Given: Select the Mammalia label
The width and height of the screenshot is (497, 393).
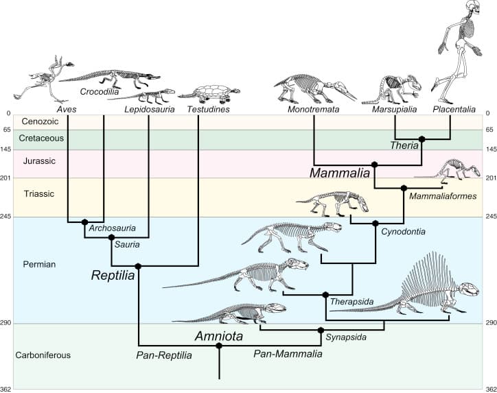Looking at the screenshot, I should point(339,173).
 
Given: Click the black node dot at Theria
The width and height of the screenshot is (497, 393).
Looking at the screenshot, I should point(422,139).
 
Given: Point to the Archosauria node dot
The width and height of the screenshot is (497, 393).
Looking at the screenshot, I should point(84,222).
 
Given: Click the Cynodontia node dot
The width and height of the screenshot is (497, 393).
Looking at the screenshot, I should point(375,224).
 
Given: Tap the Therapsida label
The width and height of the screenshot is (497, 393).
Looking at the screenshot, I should point(347,302).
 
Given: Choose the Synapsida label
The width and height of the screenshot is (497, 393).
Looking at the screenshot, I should point(346,337).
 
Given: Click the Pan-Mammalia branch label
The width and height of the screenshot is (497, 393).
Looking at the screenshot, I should point(288,354).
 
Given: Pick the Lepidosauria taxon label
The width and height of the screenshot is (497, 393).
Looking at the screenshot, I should point(149,110).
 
